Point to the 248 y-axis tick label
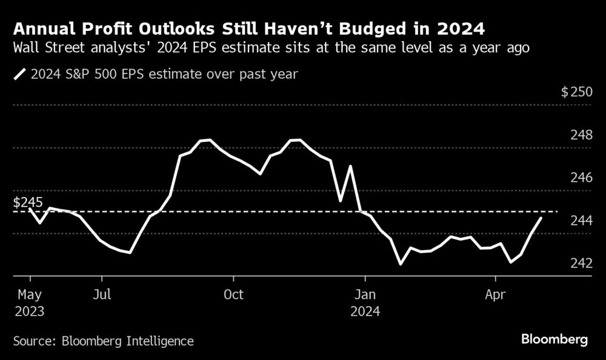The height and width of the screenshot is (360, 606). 581,135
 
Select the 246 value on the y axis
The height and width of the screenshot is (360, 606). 581,178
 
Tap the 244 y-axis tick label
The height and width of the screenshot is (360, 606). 581,221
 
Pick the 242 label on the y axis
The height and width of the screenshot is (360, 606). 581,264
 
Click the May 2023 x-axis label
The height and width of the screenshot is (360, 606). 28,303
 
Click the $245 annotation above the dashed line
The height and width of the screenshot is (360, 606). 28,202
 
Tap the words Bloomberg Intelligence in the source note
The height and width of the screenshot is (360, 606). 127,341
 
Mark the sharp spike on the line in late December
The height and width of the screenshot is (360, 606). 350,166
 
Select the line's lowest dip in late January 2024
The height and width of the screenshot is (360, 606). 401,264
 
